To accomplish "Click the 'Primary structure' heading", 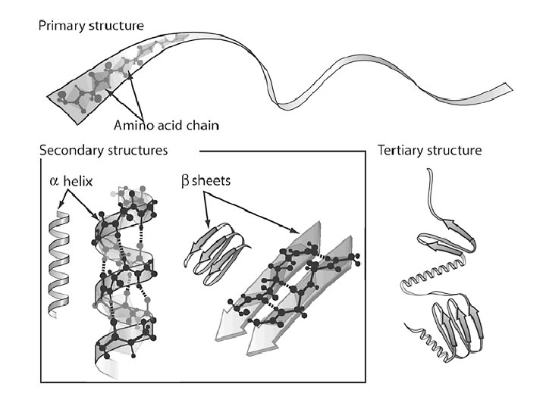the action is [91, 26].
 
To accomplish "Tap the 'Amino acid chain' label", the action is [166, 125].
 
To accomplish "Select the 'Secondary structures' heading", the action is [103, 151].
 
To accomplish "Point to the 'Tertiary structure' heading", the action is [430, 151].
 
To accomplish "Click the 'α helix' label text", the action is [71, 181].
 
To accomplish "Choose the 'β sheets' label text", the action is [206, 181].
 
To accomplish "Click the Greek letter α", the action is [54, 182].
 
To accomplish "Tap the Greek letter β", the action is [185, 182].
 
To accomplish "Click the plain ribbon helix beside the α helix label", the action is [58, 264].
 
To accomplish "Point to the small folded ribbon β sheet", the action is [216, 254].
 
